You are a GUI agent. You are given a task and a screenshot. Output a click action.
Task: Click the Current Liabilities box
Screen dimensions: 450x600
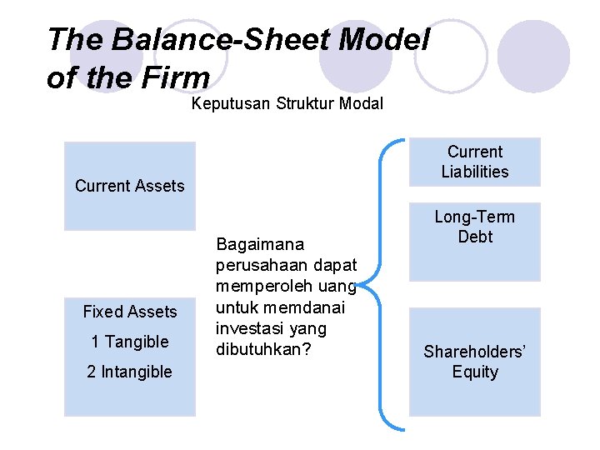pyautogui.click(x=474, y=162)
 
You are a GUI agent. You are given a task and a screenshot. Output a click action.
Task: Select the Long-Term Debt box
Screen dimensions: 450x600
pyautogui.click(x=474, y=242)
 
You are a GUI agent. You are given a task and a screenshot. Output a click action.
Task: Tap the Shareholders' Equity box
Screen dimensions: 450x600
pyautogui.click(x=474, y=362)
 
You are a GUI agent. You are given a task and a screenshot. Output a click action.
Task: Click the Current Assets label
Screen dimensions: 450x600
pyautogui.click(x=129, y=186)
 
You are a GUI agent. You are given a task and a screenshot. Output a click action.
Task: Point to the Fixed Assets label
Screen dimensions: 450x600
pyautogui.click(x=130, y=312)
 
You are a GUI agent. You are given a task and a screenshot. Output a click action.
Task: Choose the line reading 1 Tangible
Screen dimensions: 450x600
pyautogui.click(x=130, y=342)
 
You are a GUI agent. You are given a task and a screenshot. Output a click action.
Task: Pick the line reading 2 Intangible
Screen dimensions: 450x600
pyautogui.click(x=130, y=372)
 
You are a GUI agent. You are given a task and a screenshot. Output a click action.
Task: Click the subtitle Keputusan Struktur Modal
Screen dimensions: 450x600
pyautogui.click(x=287, y=104)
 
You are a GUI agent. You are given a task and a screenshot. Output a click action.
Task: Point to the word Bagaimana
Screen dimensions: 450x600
pyautogui.click(x=260, y=244)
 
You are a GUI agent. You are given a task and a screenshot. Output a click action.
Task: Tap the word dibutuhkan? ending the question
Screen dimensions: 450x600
pyautogui.click(x=263, y=349)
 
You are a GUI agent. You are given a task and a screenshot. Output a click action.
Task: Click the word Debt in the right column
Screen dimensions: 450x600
pyautogui.click(x=475, y=237)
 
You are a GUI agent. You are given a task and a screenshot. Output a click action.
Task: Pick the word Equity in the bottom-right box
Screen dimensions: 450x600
pyautogui.click(x=475, y=372)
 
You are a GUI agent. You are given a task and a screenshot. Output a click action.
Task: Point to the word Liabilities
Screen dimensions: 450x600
pyautogui.click(x=475, y=172)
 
